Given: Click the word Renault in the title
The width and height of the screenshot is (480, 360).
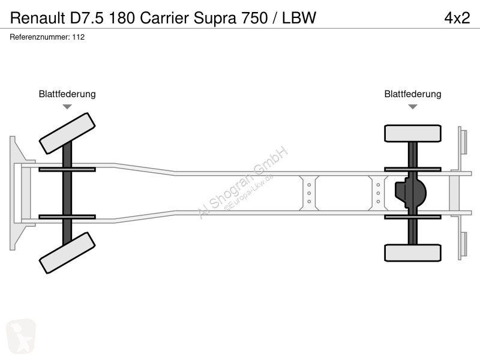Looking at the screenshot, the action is coord(38,18).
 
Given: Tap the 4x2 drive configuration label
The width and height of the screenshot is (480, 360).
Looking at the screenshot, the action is coord(457,18).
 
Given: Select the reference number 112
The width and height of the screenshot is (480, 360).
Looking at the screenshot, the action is coord(79,37).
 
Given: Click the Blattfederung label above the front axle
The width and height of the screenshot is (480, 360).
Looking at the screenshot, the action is coord(67,94).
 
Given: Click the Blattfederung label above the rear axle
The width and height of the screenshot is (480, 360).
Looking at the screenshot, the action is coord(413,94).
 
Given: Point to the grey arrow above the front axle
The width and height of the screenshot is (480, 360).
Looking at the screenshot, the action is coord(67,107).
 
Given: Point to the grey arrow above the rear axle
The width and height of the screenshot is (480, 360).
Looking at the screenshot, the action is coord(413,107).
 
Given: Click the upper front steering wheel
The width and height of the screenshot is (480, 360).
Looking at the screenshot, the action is coord(67,133).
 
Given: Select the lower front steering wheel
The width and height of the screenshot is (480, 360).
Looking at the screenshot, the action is coord(67,253).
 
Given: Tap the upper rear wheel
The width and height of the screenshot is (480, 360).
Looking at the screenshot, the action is coord(413,133).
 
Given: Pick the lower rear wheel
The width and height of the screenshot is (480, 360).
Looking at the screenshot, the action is coord(413,253).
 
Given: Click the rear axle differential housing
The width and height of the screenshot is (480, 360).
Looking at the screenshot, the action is coord(410,193).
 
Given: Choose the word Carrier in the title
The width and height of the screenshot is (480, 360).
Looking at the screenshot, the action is coord(164,18).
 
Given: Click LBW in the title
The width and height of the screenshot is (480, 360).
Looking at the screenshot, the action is coord(299,18).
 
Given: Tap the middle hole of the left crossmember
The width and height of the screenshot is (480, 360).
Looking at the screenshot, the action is coord(309,193).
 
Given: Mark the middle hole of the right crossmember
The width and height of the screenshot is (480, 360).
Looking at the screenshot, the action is coord(378,193).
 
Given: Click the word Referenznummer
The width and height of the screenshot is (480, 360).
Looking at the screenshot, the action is coord(40,37).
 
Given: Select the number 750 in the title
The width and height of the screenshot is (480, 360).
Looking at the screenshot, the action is coord(254,18).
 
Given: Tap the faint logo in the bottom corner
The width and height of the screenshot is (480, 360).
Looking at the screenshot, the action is coord(21,336).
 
